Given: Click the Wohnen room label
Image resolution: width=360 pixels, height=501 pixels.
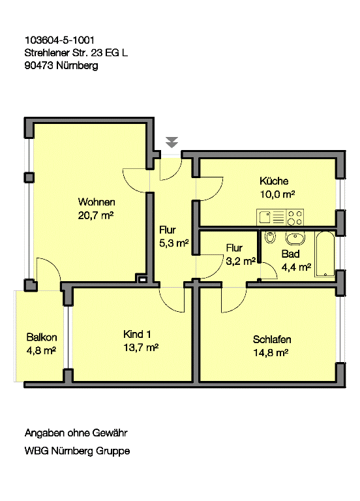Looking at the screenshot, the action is [97, 202].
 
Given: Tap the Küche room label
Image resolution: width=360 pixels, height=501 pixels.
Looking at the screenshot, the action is [274, 181].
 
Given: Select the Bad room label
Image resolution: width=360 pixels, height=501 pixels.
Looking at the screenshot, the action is [290, 254].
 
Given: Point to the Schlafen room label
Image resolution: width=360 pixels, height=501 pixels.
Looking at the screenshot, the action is [272, 339].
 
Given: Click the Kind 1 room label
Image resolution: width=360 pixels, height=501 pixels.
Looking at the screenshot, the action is [137, 334].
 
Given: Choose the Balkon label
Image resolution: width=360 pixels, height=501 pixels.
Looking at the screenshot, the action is [42, 337].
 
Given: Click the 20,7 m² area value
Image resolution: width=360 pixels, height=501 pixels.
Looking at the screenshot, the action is [96, 215].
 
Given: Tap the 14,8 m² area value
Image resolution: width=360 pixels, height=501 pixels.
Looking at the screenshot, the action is [271, 353].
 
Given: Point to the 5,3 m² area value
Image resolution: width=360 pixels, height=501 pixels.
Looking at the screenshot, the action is [174, 243].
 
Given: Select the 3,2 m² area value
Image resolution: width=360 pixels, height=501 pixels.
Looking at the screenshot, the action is [241, 262].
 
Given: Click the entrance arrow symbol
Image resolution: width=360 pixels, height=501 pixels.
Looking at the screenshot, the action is [172, 142].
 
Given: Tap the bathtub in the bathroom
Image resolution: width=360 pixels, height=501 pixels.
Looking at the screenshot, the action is [325, 254].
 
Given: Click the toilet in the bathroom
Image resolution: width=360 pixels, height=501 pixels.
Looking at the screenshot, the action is [270, 237].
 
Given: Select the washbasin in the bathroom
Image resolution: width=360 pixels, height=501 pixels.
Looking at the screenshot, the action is [295, 238].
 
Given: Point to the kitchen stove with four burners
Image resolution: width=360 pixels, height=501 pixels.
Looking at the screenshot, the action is [295, 217].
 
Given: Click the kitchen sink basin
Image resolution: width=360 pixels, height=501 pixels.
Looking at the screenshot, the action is [265, 217].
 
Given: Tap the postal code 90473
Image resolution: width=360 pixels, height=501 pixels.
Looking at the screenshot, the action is [38, 65].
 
